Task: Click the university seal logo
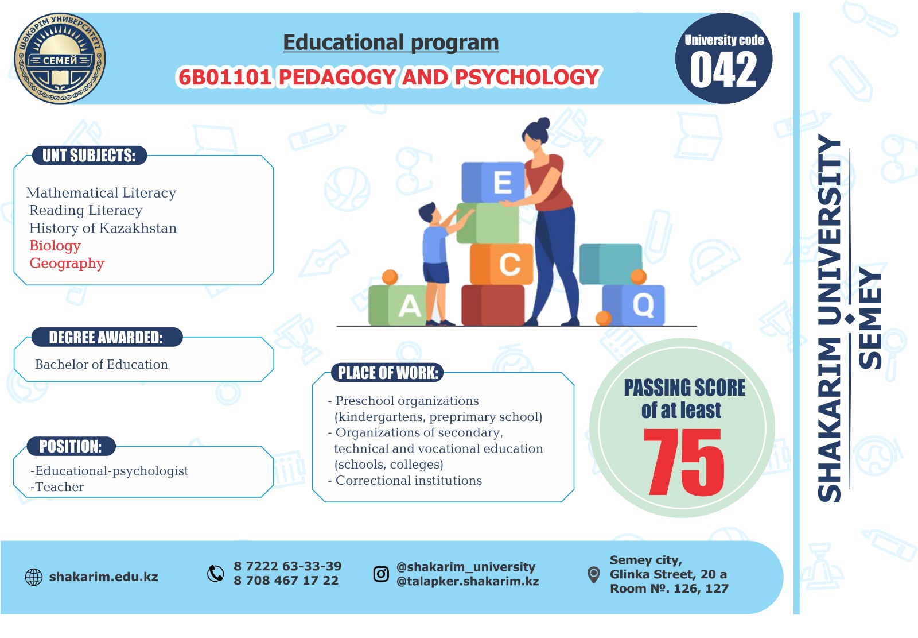point(60,58)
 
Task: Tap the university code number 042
point(723,70)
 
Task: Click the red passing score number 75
point(683,462)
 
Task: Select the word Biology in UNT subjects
point(55,246)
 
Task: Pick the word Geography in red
point(67,264)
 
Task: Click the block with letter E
point(493,182)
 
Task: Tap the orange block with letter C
point(501,264)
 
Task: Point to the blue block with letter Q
point(633,306)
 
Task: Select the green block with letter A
point(398,306)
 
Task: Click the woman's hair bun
point(543,123)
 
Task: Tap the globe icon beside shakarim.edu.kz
point(34,577)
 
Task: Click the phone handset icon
point(216,574)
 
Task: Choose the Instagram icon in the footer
point(381,574)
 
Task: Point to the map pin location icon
point(593,574)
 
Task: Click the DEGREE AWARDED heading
point(106,337)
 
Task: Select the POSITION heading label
point(71,446)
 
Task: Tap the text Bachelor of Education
point(101,364)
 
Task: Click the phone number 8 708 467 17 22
point(286,581)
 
